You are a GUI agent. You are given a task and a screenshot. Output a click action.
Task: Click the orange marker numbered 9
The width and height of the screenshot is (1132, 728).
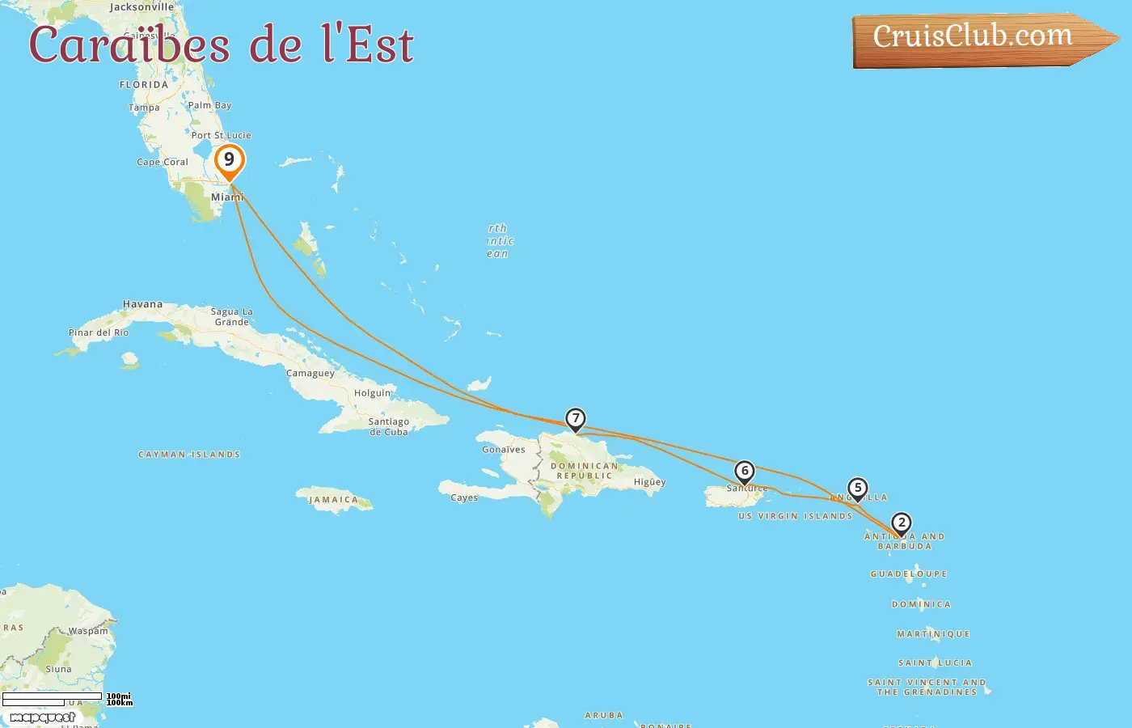pyautogui.click(x=230, y=160)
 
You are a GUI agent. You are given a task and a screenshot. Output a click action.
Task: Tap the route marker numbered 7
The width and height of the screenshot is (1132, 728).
pyautogui.click(x=575, y=419)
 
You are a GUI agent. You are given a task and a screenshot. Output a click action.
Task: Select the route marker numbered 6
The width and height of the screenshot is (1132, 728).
pyautogui.click(x=745, y=472)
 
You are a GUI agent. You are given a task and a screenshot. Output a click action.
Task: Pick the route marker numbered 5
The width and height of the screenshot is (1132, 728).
pyautogui.click(x=858, y=489)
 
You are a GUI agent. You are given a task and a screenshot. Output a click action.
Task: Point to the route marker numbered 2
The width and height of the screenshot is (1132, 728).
pyautogui.click(x=902, y=523)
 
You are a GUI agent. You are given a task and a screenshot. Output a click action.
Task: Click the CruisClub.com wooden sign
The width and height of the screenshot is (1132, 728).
pyautogui.click(x=978, y=38)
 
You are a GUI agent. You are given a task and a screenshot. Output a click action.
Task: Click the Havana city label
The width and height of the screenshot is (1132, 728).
pyautogui.click(x=142, y=304)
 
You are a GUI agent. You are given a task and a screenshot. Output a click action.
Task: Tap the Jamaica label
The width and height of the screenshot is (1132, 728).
pyautogui.click(x=333, y=500)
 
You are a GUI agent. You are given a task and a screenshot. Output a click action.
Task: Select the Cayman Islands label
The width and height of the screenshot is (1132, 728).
pyautogui.click(x=189, y=455)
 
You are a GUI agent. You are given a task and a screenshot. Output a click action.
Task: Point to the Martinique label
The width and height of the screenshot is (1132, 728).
pyautogui.click(x=933, y=634)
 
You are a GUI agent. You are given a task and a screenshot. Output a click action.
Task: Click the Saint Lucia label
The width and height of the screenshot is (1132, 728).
pyautogui.click(x=935, y=662)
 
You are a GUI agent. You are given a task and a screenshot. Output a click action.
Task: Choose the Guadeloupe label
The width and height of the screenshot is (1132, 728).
pyautogui.click(x=908, y=574)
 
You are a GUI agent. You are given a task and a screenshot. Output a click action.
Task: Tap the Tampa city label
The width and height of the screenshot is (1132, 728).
pyautogui.click(x=144, y=108)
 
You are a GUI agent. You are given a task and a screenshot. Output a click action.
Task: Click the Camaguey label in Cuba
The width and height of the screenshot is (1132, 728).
pyautogui.click(x=310, y=374)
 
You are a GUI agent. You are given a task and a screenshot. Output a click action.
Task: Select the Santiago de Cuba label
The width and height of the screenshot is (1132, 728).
pyautogui.click(x=389, y=426)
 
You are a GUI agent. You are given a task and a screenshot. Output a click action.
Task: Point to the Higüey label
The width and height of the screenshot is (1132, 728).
pyautogui.click(x=649, y=482)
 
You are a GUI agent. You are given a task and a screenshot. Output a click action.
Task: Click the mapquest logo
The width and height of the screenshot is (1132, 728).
pyautogui.click(x=43, y=717)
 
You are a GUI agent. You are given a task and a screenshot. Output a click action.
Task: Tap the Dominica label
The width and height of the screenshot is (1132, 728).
pyautogui.click(x=921, y=604)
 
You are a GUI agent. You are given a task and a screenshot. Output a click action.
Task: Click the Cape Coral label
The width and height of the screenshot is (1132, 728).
pyautogui.click(x=163, y=163)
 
